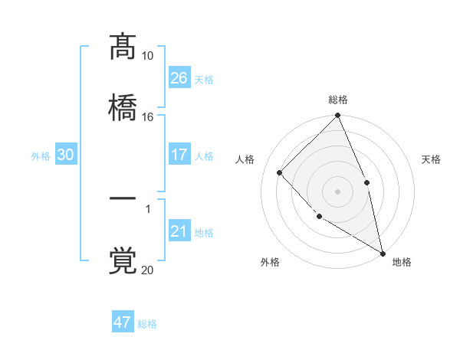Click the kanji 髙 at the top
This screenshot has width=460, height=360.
coord(123,47)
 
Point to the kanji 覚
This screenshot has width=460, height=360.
coord(123,260)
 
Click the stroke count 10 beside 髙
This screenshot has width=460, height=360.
coord(147,56)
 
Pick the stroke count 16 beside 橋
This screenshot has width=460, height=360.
coord(147,116)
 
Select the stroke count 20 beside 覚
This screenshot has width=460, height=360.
coord(147,270)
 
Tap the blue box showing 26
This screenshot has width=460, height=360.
coord(179,78)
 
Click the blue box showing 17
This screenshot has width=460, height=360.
coord(179,155)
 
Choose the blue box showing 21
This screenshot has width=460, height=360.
coord(179,231)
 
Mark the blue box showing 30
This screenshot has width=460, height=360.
coord(66,155)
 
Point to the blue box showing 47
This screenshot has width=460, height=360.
coord(123,322)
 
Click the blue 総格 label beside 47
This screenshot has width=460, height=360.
coord(147,324)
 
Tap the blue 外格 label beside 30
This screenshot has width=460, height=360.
coord(41,155)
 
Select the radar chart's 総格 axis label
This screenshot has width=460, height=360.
coord(338,100)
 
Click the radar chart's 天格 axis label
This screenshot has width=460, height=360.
coord(431,159)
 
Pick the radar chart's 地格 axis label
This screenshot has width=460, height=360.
coord(402,262)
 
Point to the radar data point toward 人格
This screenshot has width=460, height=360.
coord(280,172)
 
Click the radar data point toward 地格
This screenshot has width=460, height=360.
coord(382,253)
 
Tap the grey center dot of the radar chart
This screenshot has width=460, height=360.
coord(337,191)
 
